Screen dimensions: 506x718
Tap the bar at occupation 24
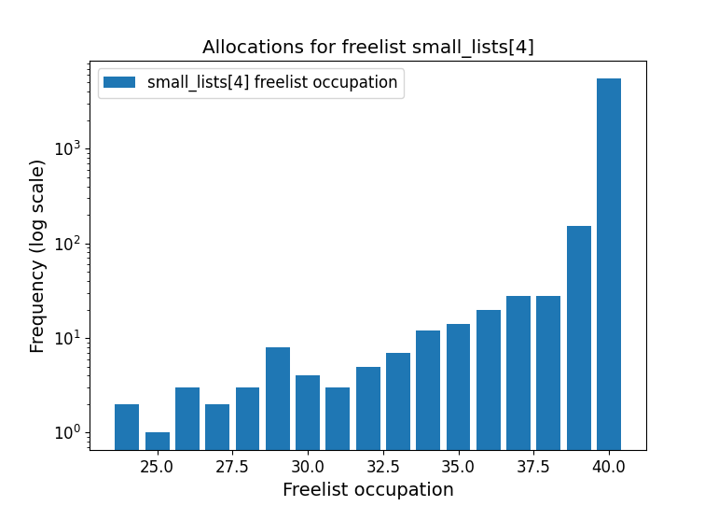point(127,427)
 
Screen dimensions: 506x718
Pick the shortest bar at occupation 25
point(158,441)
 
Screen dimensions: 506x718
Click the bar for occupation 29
point(278,399)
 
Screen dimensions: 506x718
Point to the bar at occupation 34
point(428,390)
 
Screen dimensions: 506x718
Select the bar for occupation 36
point(489,380)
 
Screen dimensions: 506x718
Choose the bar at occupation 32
point(368,408)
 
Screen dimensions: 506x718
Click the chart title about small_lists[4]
point(368,48)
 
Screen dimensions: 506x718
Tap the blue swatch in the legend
point(119,82)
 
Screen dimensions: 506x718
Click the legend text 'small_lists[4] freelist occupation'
point(272,82)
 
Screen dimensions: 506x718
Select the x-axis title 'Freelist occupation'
point(368,490)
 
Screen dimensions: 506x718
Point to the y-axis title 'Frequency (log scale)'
point(37,256)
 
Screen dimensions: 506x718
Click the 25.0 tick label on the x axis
point(158,466)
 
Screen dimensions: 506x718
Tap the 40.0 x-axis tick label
point(609,466)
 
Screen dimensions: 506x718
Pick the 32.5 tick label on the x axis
point(383,466)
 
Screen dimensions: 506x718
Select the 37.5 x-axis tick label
point(533,466)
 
